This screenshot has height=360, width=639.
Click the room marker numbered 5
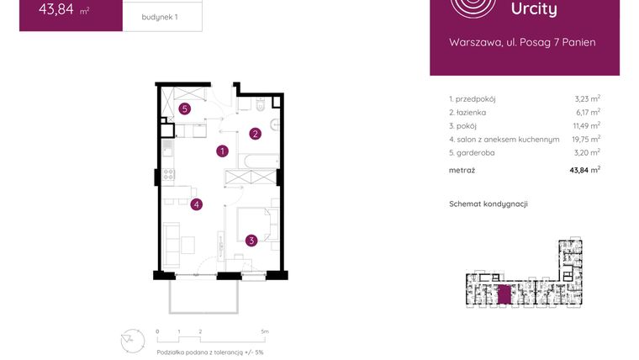[184, 109]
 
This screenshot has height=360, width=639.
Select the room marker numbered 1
[222, 151]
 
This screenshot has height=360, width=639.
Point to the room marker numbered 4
[196, 204]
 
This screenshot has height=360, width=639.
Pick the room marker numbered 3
[251, 241]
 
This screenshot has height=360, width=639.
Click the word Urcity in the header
[534, 9]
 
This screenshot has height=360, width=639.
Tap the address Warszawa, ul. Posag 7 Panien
[523, 42]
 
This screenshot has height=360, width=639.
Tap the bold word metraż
[462, 170]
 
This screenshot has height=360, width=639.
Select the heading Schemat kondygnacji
[488, 204]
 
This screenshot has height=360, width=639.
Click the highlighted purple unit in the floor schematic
[504, 295]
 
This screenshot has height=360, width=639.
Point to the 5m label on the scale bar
[265, 332]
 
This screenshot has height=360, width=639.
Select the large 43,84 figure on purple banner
[57, 11]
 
